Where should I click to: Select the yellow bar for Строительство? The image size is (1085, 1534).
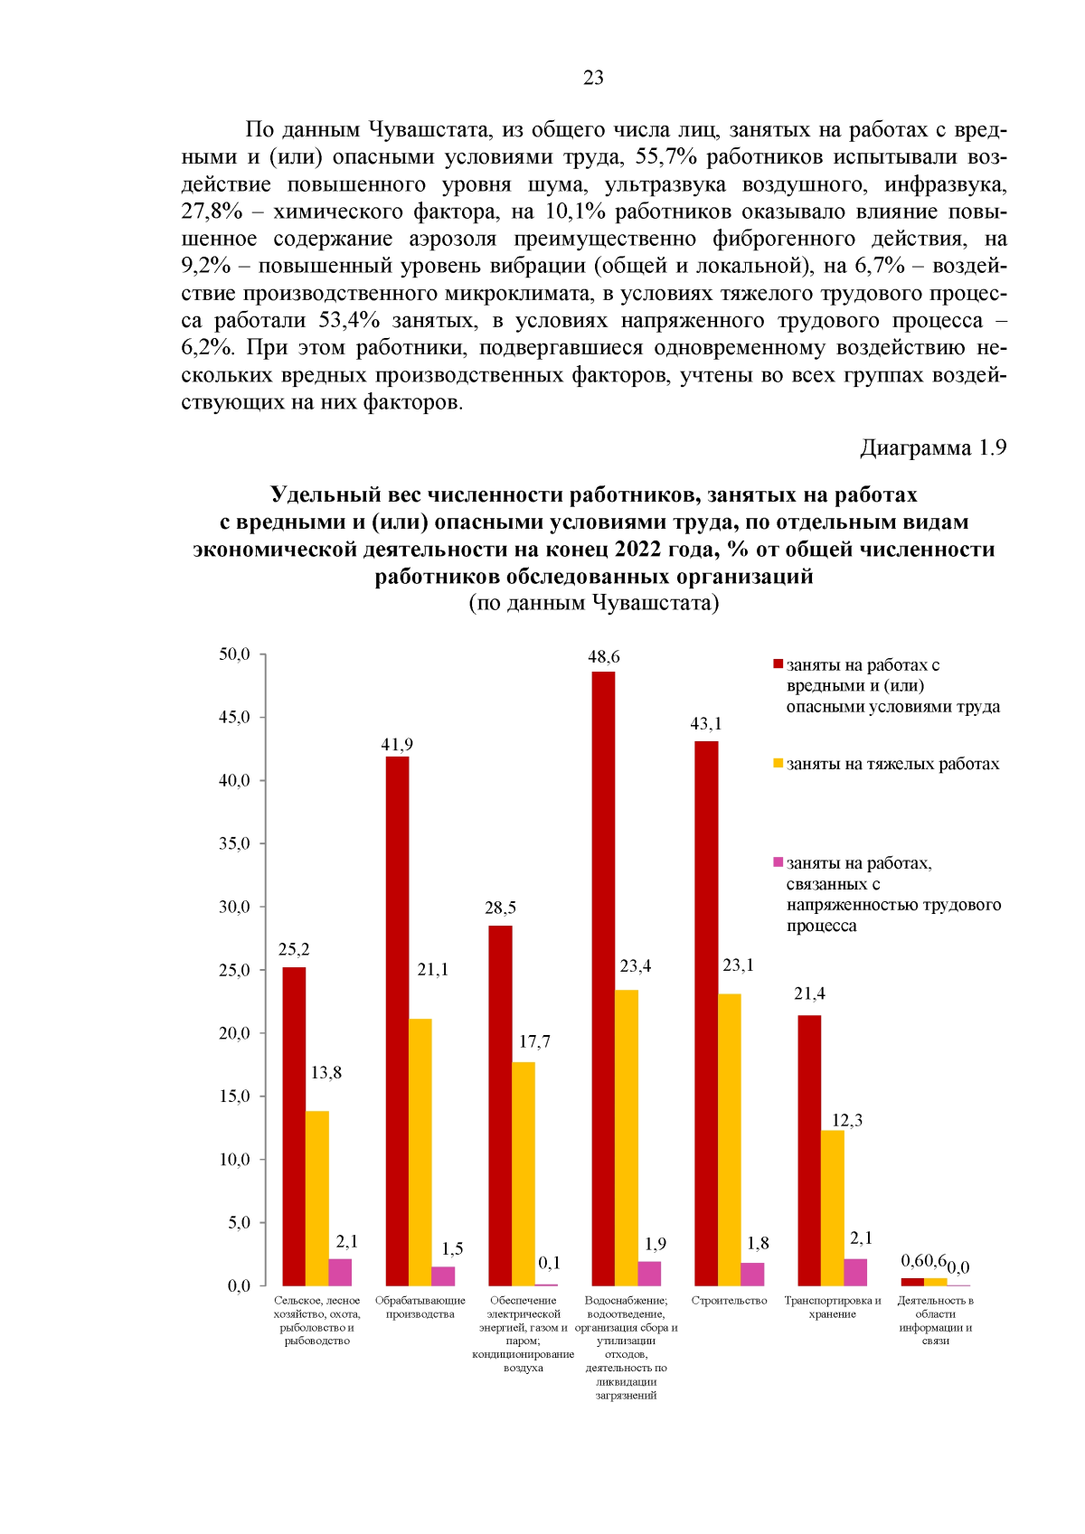(x=730, y=1139)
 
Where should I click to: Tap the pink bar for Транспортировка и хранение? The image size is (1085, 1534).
(x=855, y=1272)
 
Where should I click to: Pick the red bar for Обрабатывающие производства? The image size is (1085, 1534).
(x=397, y=1021)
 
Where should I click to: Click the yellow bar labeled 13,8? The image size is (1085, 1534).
(x=317, y=1198)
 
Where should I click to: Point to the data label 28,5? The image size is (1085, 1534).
(x=500, y=908)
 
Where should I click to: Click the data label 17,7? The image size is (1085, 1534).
(x=534, y=1041)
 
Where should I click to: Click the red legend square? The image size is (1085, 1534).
(x=778, y=664)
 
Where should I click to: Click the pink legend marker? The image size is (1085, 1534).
(x=778, y=862)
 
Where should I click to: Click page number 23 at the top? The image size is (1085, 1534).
(x=593, y=78)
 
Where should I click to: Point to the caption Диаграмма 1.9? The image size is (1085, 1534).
(x=932, y=447)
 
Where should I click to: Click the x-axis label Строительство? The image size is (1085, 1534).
(x=729, y=1301)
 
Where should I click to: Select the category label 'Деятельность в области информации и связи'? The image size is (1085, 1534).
(x=935, y=1320)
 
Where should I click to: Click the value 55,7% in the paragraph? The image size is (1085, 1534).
(x=666, y=157)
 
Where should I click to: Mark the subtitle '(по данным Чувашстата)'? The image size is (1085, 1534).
(x=593, y=603)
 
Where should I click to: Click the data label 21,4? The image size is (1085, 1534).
(x=809, y=993)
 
